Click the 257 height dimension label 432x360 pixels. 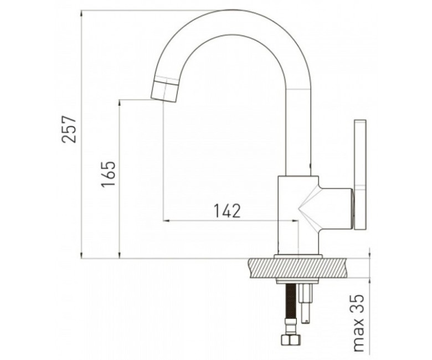coord(69,129)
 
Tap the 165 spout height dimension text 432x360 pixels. coord(108,174)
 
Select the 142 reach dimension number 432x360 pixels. coord(227,210)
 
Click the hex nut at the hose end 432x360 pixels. coord(289,339)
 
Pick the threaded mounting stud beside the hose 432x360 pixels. coord(306,304)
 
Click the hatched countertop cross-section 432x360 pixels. coord(297,268)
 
